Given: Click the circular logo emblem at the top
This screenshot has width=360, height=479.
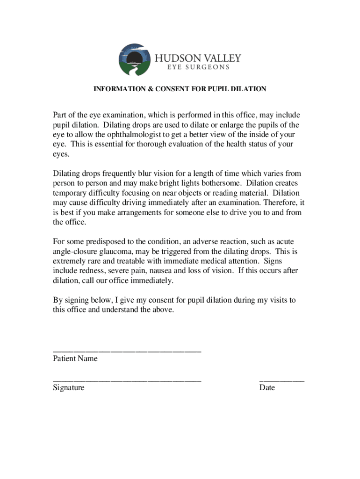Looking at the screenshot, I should (135, 59).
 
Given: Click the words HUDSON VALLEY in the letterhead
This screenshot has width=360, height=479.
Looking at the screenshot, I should (198, 58).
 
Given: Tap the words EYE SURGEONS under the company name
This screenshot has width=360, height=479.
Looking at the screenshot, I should (198, 67).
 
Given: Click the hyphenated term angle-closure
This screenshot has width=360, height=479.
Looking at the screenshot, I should (74, 251).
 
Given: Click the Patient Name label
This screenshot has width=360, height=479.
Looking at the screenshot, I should (75, 358).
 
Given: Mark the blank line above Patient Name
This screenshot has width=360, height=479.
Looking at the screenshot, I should (127, 351).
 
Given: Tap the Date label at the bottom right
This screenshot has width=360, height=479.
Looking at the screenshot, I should (267, 388).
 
